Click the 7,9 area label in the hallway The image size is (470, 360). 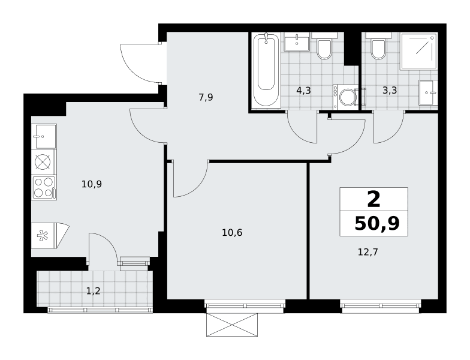pyautogui.click(x=206, y=97)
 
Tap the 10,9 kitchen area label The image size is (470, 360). pyautogui.click(x=92, y=184)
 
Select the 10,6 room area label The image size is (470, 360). pyautogui.click(x=232, y=232)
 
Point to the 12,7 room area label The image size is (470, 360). pyautogui.click(x=368, y=252)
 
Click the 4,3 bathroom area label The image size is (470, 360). pyautogui.click(x=303, y=90)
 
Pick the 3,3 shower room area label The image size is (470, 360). pyautogui.click(x=390, y=90)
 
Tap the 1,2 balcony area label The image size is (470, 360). pyautogui.click(x=94, y=290)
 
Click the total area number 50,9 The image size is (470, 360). pyautogui.click(x=377, y=223)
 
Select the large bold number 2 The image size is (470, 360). pyautogui.click(x=373, y=199)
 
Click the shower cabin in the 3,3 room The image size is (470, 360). pyautogui.click(x=419, y=51)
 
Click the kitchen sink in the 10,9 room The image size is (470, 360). pyautogui.click(x=44, y=137)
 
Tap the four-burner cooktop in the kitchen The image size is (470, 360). pyautogui.click(x=44, y=188)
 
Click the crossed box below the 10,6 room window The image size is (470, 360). pyautogui.click(x=231, y=325)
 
